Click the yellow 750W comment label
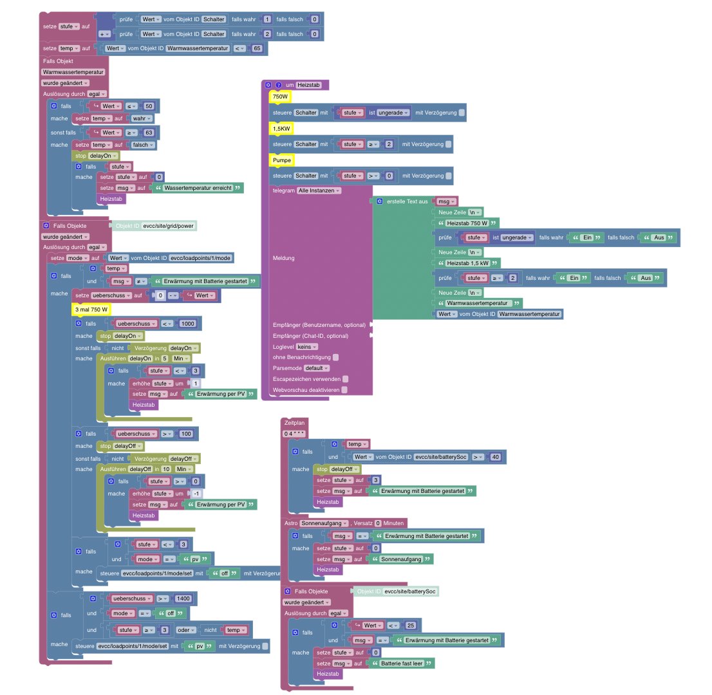point(280,97)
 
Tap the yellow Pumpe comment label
point(282,159)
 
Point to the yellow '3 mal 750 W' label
point(90,310)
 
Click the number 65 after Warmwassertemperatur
point(257,48)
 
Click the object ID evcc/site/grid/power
point(169,226)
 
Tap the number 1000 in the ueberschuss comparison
point(187,324)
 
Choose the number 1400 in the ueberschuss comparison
point(183,598)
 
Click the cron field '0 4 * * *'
point(294,434)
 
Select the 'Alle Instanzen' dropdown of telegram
point(319,190)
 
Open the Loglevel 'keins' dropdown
point(306,346)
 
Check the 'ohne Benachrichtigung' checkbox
point(335,357)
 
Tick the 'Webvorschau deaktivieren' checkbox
point(344,389)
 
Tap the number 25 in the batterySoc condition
point(410,625)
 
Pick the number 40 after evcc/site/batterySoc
point(495,457)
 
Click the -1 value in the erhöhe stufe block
point(196,493)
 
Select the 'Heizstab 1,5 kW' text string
point(467,263)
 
